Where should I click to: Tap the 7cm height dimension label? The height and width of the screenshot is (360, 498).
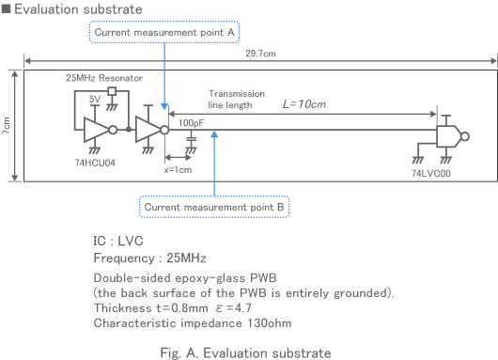tap(7, 124)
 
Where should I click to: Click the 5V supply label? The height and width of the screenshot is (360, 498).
tap(94, 99)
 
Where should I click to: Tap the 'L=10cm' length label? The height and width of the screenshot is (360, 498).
tap(303, 104)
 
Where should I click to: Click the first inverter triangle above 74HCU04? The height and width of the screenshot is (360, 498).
tap(97, 130)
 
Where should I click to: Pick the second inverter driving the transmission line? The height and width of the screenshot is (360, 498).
tap(148, 130)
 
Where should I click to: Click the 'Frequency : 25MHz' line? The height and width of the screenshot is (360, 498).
tap(149, 257)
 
